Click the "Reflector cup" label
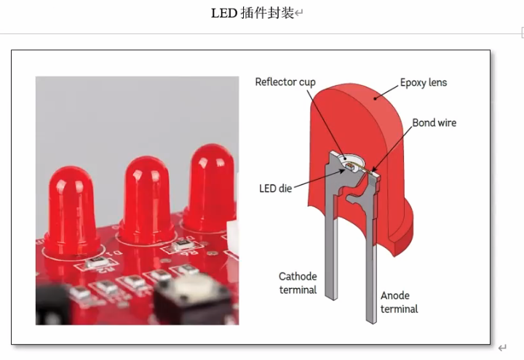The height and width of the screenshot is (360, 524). point(285,81)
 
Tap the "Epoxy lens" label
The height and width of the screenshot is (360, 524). point(424,82)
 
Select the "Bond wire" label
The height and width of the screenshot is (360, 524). point(434,122)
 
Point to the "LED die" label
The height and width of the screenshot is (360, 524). point(275,188)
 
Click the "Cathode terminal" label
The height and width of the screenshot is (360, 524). point(298,283)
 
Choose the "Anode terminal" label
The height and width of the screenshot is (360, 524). point(399,302)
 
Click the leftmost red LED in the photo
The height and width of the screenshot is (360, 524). point(71,207)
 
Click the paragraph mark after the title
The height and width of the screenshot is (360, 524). point(299,14)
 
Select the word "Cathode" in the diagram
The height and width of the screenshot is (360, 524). point(298,276)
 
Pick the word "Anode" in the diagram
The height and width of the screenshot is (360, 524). point(395,295)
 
